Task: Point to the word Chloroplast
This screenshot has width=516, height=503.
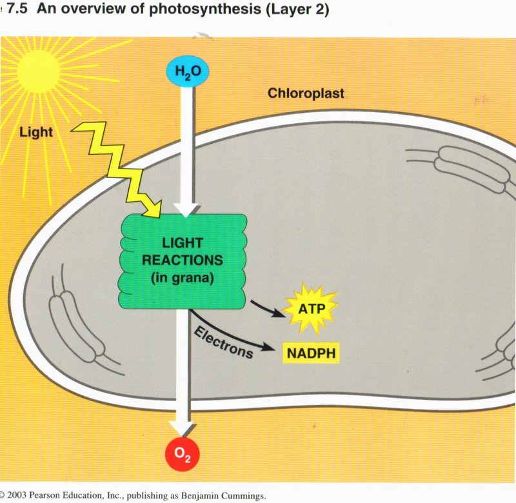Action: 306,94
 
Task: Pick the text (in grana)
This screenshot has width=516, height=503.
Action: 184,279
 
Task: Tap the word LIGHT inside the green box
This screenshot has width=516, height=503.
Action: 183,244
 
